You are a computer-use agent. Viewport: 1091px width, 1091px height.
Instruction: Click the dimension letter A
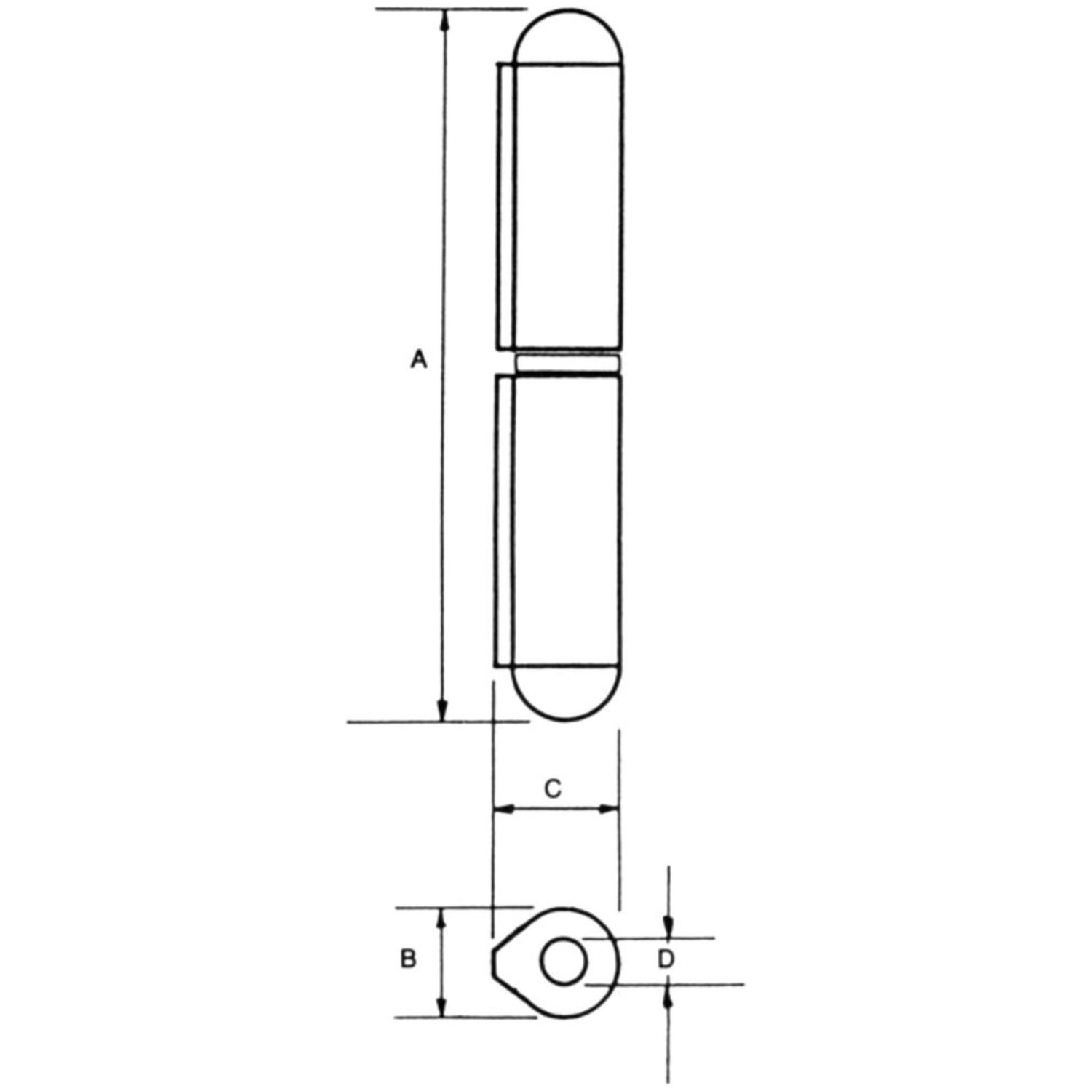pyautogui.click(x=418, y=359)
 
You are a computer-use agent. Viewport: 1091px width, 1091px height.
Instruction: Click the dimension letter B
pyautogui.click(x=409, y=959)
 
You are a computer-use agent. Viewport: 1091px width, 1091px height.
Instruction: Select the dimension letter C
pyautogui.click(x=553, y=788)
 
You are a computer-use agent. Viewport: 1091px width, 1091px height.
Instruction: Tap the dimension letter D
pyautogui.click(x=666, y=960)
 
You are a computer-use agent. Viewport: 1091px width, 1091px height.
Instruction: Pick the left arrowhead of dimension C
pyautogui.click(x=505, y=808)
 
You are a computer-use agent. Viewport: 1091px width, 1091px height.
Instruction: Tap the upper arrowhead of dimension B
pyautogui.click(x=441, y=919)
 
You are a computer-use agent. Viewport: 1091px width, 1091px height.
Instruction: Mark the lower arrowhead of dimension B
pyautogui.click(x=441, y=1007)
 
